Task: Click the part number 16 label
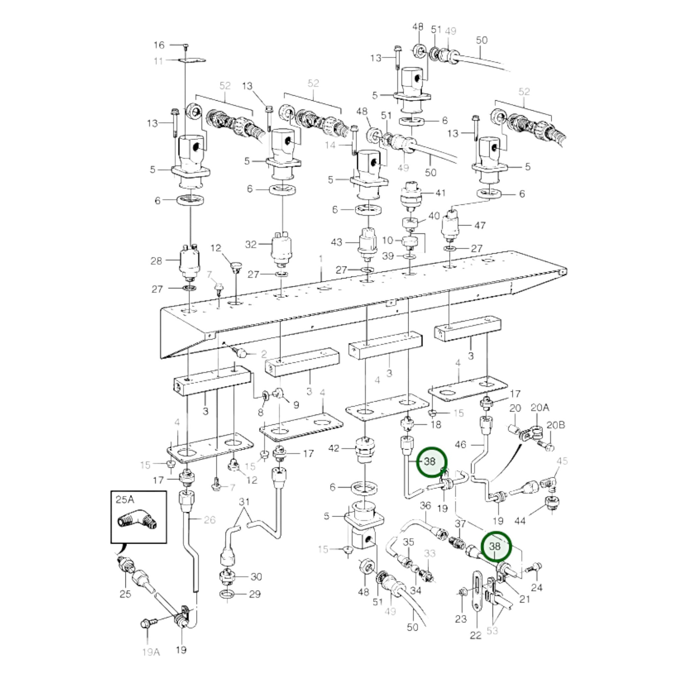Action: [159, 45]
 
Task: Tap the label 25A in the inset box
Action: [125, 500]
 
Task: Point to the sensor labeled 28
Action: [190, 262]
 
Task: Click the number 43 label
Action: [337, 242]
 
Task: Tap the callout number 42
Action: [334, 448]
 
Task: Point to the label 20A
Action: [540, 407]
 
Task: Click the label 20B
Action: [556, 425]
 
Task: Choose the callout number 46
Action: [461, 445]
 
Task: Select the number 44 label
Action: [520, 521]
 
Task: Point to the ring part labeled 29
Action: [227, 594]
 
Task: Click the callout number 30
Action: [256, 577]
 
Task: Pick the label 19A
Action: [151, 652]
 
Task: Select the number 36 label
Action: [425, 506]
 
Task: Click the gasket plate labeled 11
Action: [192, 60]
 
